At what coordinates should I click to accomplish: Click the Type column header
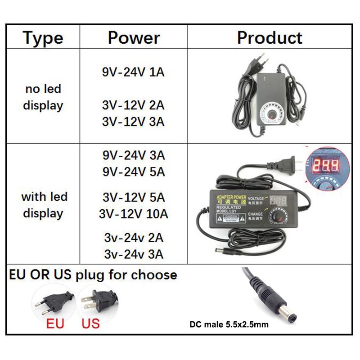(x=43, y=38)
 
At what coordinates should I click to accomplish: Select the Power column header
(x=134, y=38)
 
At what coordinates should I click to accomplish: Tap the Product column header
(x=270, y=38)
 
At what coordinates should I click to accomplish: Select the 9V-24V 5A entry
(x=134, y=172)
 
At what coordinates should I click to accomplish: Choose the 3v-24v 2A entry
(x=134, y=237)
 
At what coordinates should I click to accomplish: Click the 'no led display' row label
(x=43, y=97)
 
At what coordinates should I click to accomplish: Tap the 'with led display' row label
(x=44, y=205)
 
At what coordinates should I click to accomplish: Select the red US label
(x=90, y=323)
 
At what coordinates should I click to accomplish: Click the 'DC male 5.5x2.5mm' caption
(x=229, y=324)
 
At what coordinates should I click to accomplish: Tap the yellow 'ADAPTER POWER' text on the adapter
(x=231, y=197)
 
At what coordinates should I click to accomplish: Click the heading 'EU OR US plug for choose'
(x=93, y=275)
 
